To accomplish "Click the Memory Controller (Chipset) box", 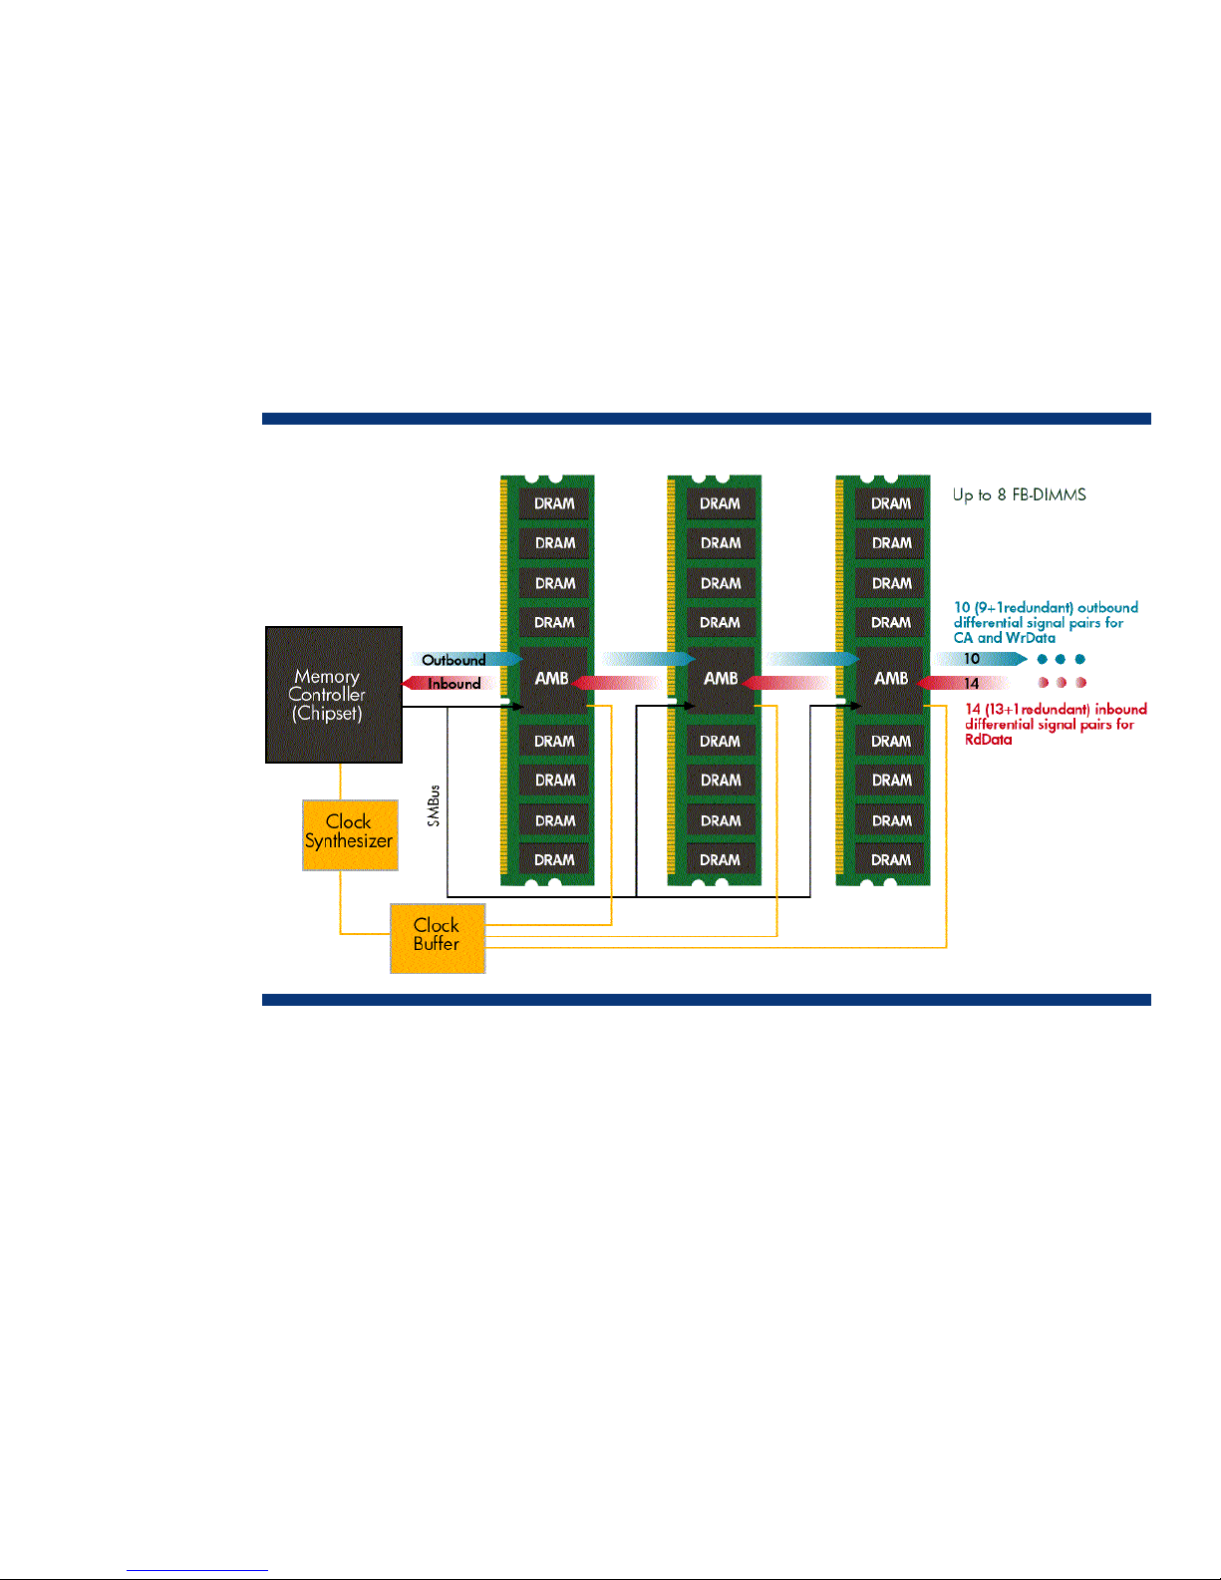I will point(333,695).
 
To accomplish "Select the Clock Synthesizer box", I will point(350,834).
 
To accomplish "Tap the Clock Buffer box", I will point(438,938).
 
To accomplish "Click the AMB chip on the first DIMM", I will point(552,679).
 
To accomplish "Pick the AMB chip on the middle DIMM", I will point(721,679).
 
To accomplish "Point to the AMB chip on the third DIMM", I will point(891,679).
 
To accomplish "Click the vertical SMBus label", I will point(434,805).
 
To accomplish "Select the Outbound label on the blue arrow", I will point(454,660).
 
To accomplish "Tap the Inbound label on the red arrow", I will point(454,684).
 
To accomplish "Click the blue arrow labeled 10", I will point(978,659).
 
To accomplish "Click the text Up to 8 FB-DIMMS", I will point(1019,494).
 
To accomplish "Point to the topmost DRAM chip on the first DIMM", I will point(554,503).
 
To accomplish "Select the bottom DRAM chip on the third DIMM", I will point(891,859).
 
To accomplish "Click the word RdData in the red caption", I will point(988,740).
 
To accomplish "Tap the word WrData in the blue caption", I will point(1031,638).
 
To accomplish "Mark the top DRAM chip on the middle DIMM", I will point(721,503).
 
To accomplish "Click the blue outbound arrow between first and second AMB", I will point(647,659).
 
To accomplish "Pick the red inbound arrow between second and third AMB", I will point(792,684).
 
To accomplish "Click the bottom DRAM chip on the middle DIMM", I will point(721,859).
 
